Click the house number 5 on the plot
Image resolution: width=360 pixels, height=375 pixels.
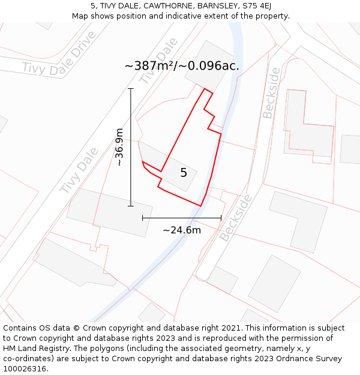[184, 173]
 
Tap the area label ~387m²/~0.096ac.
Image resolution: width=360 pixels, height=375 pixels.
[182, 66]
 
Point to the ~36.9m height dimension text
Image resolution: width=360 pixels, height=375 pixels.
[119, 147]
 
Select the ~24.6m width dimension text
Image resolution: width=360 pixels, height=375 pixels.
[182, 230]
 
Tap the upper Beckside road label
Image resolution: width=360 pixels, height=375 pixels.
[271, 92]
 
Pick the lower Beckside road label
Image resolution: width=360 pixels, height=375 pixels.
[235, 217]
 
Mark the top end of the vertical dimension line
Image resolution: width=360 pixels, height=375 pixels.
[131, 89]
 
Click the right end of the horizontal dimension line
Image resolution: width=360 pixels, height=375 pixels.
[221, 218]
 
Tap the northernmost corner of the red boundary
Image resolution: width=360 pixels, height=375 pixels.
[205, 89]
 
